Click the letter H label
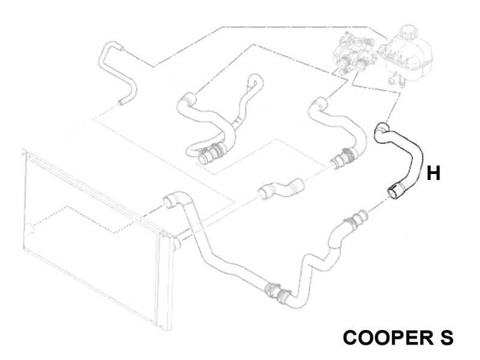tap(433, 173)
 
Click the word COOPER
tap(386, 338)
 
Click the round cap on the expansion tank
tap(409, 32)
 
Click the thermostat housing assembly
tap(355, 55)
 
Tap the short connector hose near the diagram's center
tap(281, 189)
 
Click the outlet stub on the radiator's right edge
tap(177, 244)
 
